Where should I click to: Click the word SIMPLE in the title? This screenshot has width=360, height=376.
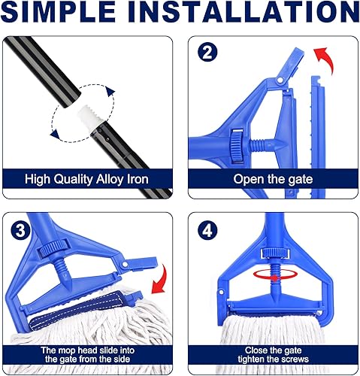(58, 11)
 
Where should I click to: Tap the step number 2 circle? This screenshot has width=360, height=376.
(207, 53)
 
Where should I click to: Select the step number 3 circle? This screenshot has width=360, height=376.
(20, 230)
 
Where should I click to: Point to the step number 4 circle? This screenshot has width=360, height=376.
(207, 230)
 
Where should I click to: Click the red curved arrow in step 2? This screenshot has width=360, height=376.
(325, 59)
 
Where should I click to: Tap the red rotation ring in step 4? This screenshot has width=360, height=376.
(276, 274)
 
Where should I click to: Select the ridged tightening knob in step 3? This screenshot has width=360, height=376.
(53, 247)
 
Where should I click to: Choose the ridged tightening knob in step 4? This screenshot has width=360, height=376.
(275, 253)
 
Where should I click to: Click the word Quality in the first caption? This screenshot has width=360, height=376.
(73, 180)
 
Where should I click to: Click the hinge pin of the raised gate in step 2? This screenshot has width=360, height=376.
(280, 80)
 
